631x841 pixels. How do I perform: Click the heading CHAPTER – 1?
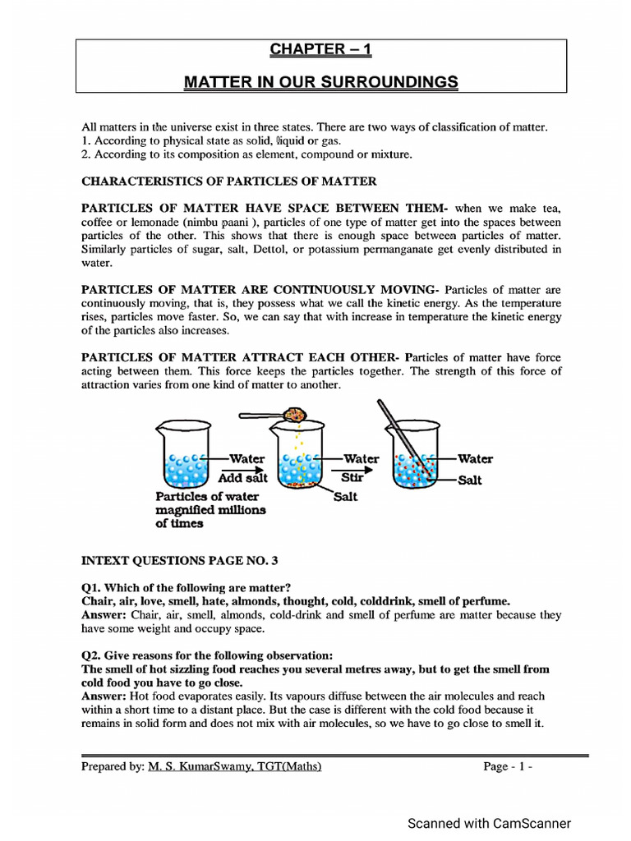tap(321, 50)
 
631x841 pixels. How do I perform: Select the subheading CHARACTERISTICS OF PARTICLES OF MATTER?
tap(228, 181)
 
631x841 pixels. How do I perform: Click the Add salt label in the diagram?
tap(243, 478)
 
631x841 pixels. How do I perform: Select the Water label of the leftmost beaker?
tap(246, 458)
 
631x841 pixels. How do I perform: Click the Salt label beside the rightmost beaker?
tap(469, 480)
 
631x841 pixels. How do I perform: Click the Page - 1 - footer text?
tap(508, 767)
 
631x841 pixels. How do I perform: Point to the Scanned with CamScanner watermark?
tap(489, 823)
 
